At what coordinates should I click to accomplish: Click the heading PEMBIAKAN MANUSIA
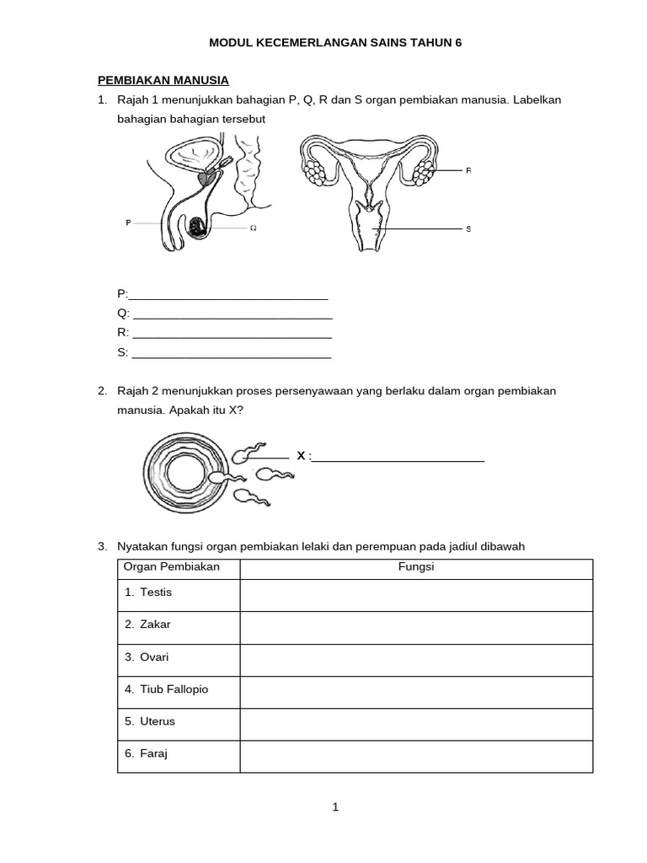pos(163,80)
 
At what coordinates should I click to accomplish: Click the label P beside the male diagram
pos(128,222)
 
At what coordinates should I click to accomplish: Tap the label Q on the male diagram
pos(254,228)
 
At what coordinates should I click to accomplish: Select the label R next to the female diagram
pos(468,170)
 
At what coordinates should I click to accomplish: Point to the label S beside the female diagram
pos(468,229)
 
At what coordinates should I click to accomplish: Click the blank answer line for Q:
pos(233,314)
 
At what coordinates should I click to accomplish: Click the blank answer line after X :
pos(398,458)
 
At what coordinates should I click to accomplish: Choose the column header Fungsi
pos(416,567)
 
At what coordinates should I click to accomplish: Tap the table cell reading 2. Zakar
pos(179,626)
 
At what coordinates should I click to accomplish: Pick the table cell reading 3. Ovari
pos(179,658)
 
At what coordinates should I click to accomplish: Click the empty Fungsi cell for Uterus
pos(416,723)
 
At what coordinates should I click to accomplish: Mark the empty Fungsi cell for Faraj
pos(416,755)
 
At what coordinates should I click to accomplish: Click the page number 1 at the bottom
pos(335,807)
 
